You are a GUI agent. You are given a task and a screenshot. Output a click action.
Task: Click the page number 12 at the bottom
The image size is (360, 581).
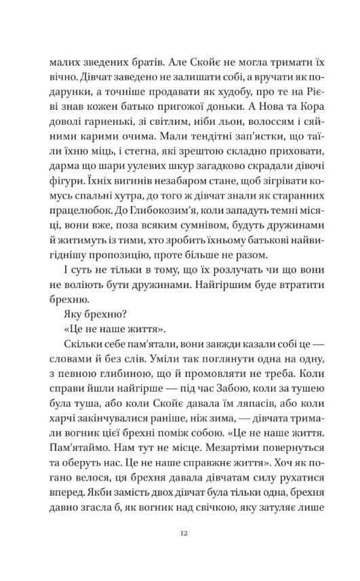pos(180,534)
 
